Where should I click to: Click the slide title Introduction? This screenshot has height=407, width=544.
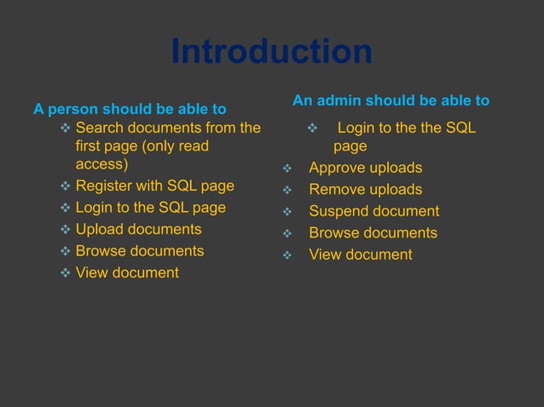pos(271,52)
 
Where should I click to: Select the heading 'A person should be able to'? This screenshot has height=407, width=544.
pos(130,109)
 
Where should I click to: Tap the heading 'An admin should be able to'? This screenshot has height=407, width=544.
pos(391,100)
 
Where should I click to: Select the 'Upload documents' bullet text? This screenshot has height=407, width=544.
pos(138,229)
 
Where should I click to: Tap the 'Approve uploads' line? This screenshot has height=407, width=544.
pos(365,168)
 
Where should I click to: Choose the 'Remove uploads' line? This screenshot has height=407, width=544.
pos(365,189)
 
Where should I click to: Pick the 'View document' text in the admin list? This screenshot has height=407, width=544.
pos(360,255)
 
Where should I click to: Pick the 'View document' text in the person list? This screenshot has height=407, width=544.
pos(127,272)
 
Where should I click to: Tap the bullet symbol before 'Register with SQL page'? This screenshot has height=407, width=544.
pos(66,186)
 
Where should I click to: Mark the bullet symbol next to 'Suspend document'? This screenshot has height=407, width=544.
pos(287,212)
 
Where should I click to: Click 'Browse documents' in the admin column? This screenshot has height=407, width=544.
pos(373,232)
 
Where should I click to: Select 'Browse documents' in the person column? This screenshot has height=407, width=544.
pos(140,250)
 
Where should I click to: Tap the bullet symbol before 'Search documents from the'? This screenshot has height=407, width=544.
pos(66,129)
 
